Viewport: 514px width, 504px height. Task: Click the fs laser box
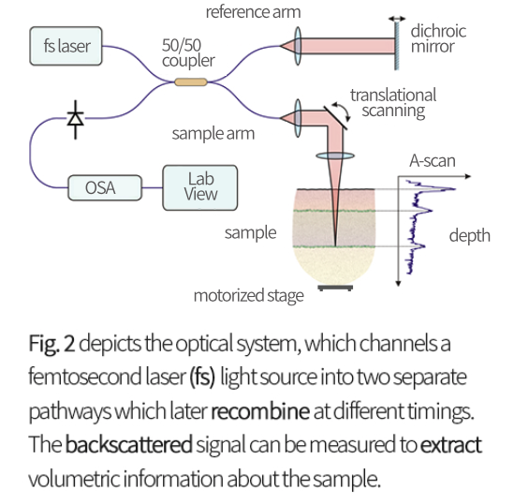coord(66,46)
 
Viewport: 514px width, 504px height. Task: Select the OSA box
coord(105,187)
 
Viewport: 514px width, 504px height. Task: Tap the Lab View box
coord(200,187)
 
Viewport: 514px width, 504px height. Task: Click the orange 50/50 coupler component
coord(191,82)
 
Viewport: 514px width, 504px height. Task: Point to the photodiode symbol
coord(76,119)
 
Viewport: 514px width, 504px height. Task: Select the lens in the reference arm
coord(298,46)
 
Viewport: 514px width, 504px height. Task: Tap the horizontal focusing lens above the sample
coord(335,156)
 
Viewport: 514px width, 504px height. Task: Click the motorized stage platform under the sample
coord(335,288)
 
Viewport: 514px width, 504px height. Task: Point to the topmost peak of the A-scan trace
coord(455,189)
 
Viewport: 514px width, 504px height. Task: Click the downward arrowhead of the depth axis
coord(398,283)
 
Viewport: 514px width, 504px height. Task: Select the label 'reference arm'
coord(253,12)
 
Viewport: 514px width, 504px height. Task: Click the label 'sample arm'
coord(213,133)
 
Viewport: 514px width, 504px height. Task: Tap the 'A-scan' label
coord(433,161)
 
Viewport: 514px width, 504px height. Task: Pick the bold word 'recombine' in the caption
coord(260,411)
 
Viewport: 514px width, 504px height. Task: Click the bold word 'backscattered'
coord(129,445)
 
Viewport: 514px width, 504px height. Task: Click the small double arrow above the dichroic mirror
coord(397,19)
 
